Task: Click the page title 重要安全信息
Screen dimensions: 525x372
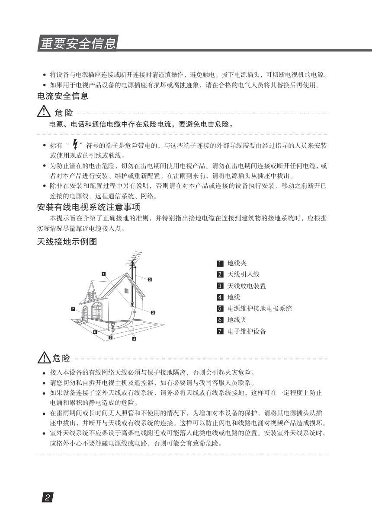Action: [x=78, y=44]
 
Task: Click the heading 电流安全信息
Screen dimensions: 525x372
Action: [x=63, y=96]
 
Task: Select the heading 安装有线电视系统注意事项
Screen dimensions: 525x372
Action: [x=89, y=207]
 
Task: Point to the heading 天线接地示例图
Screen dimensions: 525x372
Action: [x=67, y=242]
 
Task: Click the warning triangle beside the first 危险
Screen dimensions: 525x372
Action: [x=44, y=113]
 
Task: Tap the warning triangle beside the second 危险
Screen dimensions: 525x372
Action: [x=44, y=357]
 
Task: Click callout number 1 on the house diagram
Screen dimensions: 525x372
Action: [x=104, y=274]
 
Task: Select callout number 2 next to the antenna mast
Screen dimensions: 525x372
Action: [x=150, y=279]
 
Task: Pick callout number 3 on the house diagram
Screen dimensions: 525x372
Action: [x=153, y=312]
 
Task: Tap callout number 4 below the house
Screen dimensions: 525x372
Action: [x=134, y=339]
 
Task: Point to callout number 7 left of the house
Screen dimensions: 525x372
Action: [x=74, y=309]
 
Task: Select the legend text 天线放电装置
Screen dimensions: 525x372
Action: [x=247, y=286]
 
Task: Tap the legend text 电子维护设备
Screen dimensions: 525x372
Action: [x=247, y=331]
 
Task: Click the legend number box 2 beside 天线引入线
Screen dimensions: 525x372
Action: [x=220, y=274]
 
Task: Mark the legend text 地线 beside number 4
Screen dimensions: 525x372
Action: [x=234, y=297]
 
